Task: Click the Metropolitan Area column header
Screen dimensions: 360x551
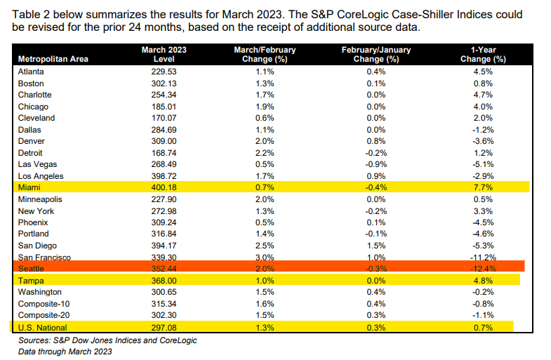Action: pos(53,59)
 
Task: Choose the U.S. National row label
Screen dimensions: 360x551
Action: pos(41,326)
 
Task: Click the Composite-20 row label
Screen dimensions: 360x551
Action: pos(41,314)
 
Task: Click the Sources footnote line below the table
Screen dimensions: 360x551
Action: pos(105,340)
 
